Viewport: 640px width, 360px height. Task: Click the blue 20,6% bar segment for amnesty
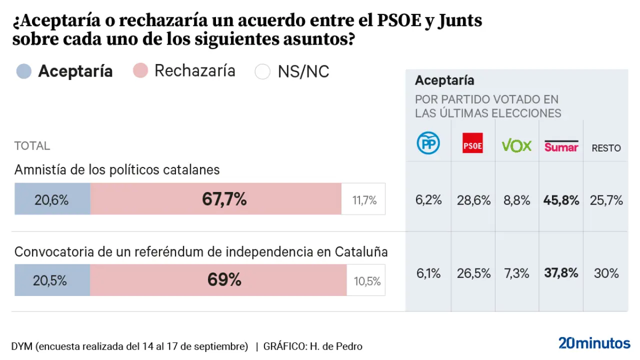pyautogui.click(x=52, y=199)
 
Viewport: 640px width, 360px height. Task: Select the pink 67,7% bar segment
pyautogui.click(x=216, y=199)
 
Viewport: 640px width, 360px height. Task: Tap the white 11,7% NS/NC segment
pyautogui.click(x=363, y=199)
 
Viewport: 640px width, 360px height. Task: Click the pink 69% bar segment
pyautogui.click(x=218, y=280)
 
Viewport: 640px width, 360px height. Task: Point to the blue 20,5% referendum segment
pyautogui.click(x=52, y=280)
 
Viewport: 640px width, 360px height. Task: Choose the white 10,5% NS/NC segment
pyautogui.click(x=366, y=280)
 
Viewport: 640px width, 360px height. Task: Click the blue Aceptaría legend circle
pyautogui.click(x=24, y=71)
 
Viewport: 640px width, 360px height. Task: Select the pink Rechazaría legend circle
pyautogui.click(x=140, y=71)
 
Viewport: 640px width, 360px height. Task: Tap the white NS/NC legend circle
pyautogui.click(x=262, y=71)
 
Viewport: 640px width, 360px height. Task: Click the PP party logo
pyautogui.click(x=428, y=144)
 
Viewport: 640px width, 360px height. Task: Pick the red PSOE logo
pyautogui.click(x=472, y=143)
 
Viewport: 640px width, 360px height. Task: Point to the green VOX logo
pyautogui.click(x=516, y=145)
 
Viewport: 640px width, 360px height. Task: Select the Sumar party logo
pyautogui.click(x=561, y=145)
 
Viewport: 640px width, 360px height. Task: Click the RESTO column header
pyautogui.click(x=606, y=148)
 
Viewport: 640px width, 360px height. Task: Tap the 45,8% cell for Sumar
pyautogui.click(x=561, y=200)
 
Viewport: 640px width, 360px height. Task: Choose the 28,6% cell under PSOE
pyautogui.click(x=472, y=200)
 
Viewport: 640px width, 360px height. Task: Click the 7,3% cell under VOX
pyautogui.click(x=516, y=273)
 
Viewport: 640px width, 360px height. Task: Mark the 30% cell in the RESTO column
pyautogui.click(x=606, y=273)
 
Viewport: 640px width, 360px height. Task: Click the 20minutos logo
pyautogui.click(x=594, y=343)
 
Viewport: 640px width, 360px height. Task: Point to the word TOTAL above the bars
pyautogui.click(x=32, y=146)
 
